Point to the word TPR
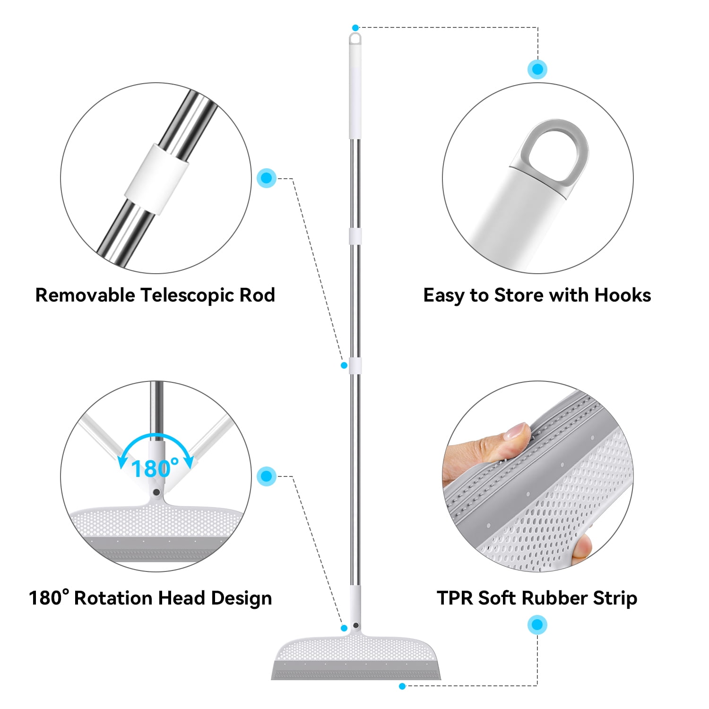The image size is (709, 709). point(455,598)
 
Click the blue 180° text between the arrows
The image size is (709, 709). point(155,468)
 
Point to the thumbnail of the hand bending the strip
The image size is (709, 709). point(538,476)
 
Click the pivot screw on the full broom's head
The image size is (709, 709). point(356,625)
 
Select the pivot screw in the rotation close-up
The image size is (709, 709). point(156,493)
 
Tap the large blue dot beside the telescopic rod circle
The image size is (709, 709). point(267,178)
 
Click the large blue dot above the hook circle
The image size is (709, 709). point(537,69)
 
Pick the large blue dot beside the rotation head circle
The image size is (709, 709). point(267,476)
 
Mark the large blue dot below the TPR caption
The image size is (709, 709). point(537,625)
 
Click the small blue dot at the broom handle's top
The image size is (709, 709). point(355,28)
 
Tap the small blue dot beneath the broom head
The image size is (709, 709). point(402,686)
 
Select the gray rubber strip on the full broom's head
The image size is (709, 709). point(356,670)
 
